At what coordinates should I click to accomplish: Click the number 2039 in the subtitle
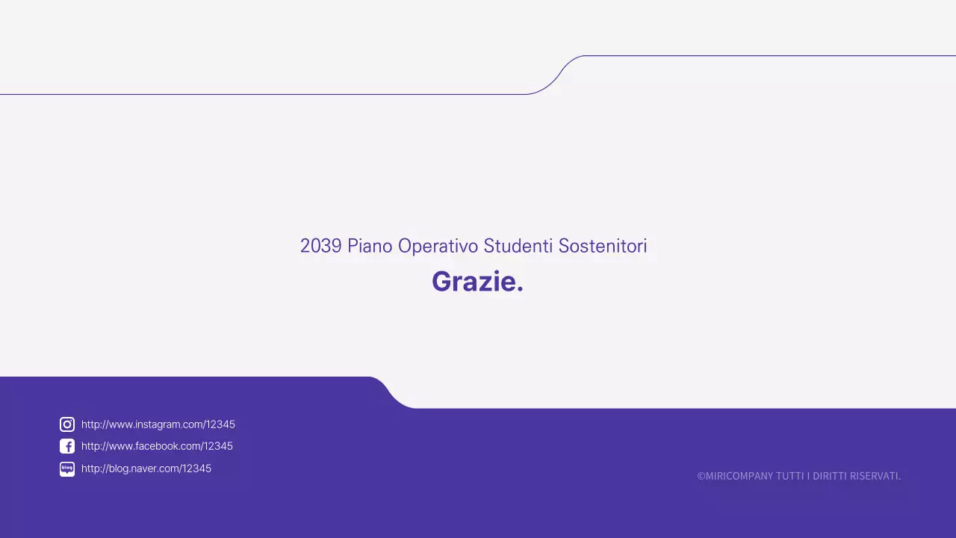(x=320, y=246)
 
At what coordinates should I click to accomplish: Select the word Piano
(x=370, y=246)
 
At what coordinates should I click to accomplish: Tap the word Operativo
(x=438, y=246)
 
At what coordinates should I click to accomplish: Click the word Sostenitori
(x=603, y=246)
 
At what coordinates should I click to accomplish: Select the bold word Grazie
(x=474, y=282)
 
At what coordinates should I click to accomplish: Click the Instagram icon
(x=67, y=424)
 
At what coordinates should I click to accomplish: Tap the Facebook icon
(x=67, y=446)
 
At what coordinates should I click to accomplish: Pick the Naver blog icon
(x=67, y=469)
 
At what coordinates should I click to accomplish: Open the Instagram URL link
(x=158, y=424)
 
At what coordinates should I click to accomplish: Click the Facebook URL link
(x=157, y=446)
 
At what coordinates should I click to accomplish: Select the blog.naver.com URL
(x=146, y=469)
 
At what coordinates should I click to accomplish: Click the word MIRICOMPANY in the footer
(x=739, y=476)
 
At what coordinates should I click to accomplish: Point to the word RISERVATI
(x=875, y=476)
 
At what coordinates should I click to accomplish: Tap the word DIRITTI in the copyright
(x=829, y=476)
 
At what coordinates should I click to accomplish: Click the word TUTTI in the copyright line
(x=790, y=476)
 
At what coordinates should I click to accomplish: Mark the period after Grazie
(x=520, y=289)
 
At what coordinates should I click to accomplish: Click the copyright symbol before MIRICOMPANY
(x=701, y=476)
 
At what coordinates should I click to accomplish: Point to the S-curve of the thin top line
(x=556, y=75)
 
